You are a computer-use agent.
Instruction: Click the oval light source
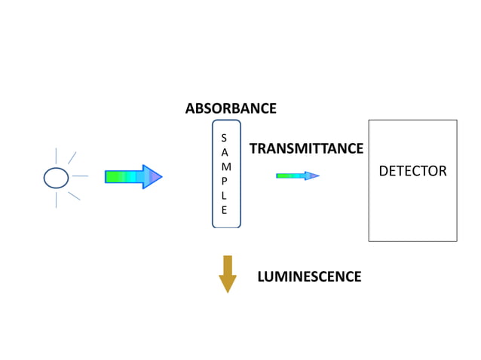[56, 177]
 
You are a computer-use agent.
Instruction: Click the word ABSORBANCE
[231, 108]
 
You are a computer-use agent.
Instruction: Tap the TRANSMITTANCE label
[306, 148]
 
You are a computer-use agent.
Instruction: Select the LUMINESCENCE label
[309, 276]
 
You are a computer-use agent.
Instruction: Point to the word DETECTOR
[412, 171]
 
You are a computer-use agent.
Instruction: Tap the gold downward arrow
[227, 273]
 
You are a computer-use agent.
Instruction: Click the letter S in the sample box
[224, 138]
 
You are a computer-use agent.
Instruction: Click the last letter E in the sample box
[224, 210]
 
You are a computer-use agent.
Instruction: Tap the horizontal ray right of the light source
[81, 177]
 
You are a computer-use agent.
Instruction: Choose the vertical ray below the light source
[56, 200]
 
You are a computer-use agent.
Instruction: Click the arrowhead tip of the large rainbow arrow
[160, 177]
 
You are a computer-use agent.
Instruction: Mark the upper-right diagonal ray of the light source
[72, 157]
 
